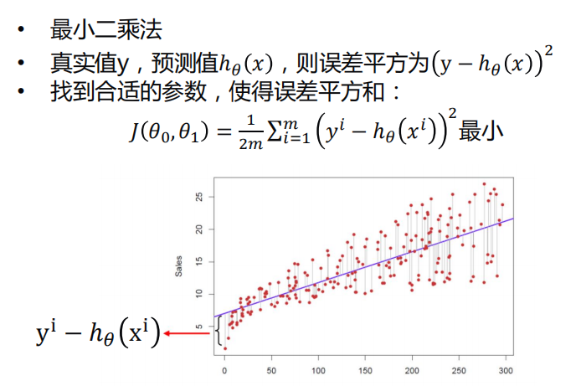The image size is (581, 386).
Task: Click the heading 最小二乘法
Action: pos(106,31)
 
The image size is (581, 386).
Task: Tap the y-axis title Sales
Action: pos(178,265)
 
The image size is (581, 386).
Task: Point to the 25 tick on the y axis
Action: pos(199,198)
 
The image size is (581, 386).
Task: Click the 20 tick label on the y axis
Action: pos(199,229)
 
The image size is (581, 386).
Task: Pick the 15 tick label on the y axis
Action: pos(199,261)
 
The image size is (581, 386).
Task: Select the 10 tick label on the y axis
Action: pos(199,293)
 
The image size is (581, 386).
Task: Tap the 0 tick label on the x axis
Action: pos(224,370)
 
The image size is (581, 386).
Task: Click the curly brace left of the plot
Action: pos(218,332)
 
